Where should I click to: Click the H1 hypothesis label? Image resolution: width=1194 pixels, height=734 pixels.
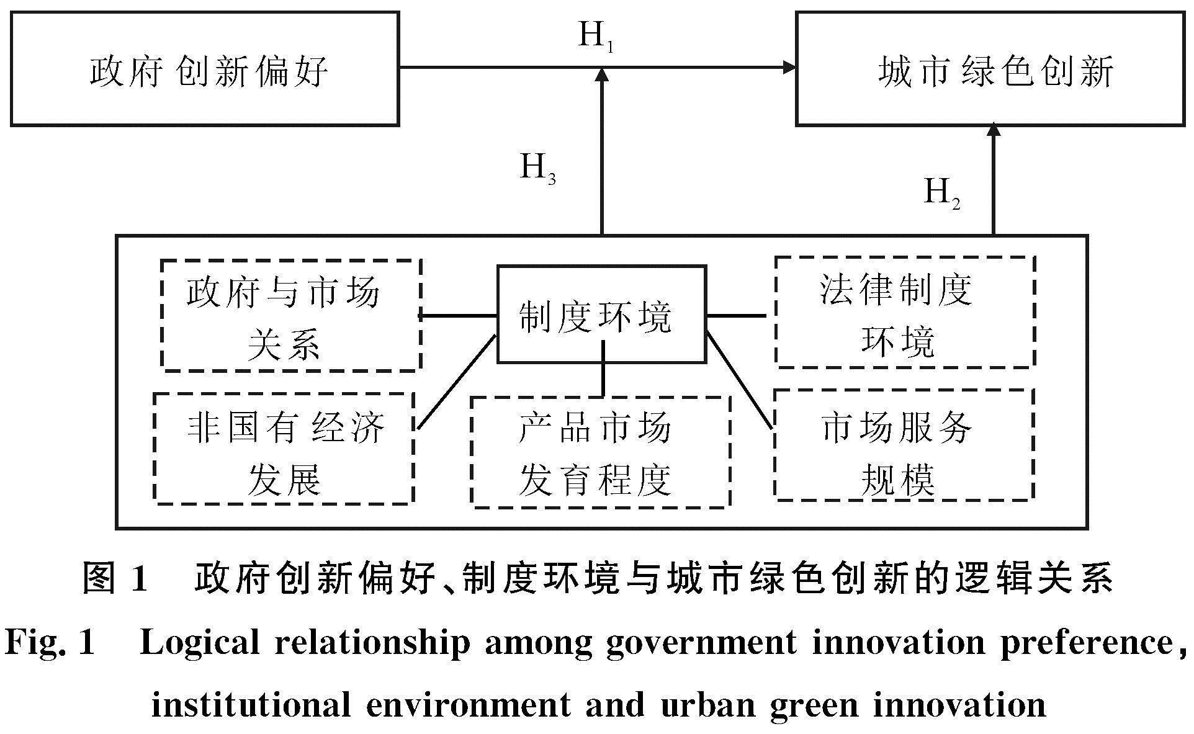click(596, 36)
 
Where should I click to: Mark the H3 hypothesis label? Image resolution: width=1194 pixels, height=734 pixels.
click(537, 168)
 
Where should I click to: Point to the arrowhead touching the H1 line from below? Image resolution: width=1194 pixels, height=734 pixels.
click(601, 75)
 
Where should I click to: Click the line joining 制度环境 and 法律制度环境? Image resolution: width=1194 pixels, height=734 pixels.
click(737, 316)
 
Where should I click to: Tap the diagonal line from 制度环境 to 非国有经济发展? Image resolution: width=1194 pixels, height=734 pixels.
click(457, 382)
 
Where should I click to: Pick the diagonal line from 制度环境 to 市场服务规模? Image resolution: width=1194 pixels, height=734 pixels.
click(740, 380)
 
